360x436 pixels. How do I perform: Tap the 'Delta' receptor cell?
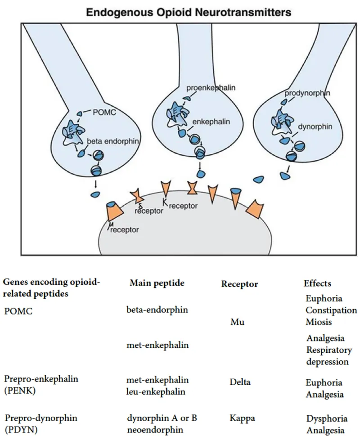(x=239, y=382)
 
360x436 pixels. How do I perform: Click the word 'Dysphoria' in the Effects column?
(x=324, y=418)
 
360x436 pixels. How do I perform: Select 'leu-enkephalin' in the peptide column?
(x=155, y=391)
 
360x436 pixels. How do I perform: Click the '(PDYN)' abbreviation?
(x=16, y=429)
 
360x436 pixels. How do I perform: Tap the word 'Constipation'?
(x=331, y=310)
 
